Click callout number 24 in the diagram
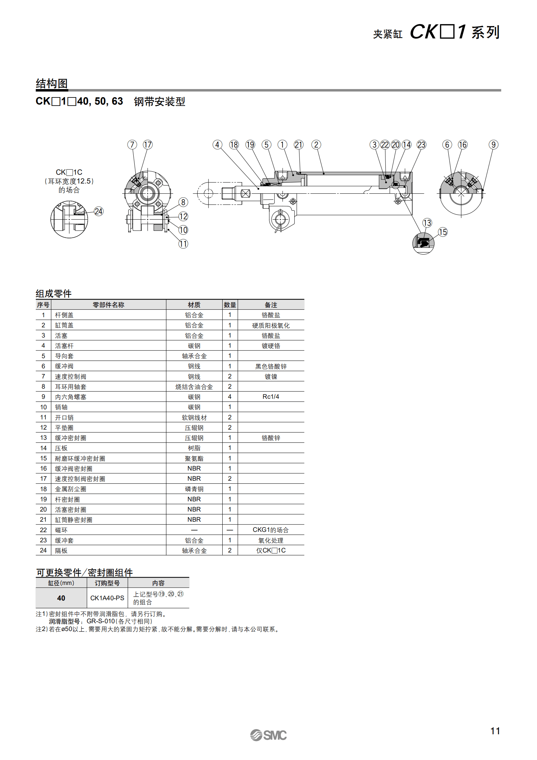pyautogui.click(x=98, y=212)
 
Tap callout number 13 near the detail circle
pyautogui.click(x=427, y=223)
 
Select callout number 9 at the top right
pyautogui.click(x=493, y=145)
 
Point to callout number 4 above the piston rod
pyautogui.click(x=217, y=145)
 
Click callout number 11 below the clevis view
pyautogui.click(x=183, y=244)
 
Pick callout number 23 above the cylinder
pyautogui.click(x=421, y=145)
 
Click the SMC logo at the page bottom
pyautogui.click(x=268, y=735)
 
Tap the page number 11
pyautogui.click(x=495, y=731)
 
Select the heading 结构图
pyautogui.click(x=52, y=84)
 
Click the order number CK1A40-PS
pyautogui.click(x=107, y=598)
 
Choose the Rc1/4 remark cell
pyautogui.click(x=271, y=397)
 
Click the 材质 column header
pyautogui.click(x=194, y=305)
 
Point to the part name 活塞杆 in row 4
pyautogui.click(x=64, y=346)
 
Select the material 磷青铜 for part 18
pyautogui.click(x=194, y=489)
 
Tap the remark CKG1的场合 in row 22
pyautogui.click(x=271, y=530)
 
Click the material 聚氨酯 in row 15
pyautogui.click(x=194, y=459)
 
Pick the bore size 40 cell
pyautogui.click(x=61, y=598)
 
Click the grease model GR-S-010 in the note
pyautogui.click(x=101, y=622)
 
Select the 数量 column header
pyautogui.click(x=230, y=305)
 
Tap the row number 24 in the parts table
pyautogui.click(x=43, y=550)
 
